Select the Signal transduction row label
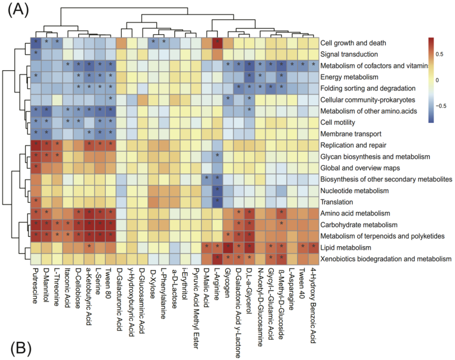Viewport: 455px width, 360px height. (348, 54)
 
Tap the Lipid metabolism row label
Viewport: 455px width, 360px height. (345, 247)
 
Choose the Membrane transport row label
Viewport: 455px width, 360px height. (350, 134)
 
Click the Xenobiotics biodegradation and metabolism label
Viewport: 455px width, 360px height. (385, 259)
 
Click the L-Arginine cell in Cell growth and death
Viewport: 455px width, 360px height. (217, 43)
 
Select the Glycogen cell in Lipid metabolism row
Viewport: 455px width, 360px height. (228, 247)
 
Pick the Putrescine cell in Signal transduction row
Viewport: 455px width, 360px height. (36, 54)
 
